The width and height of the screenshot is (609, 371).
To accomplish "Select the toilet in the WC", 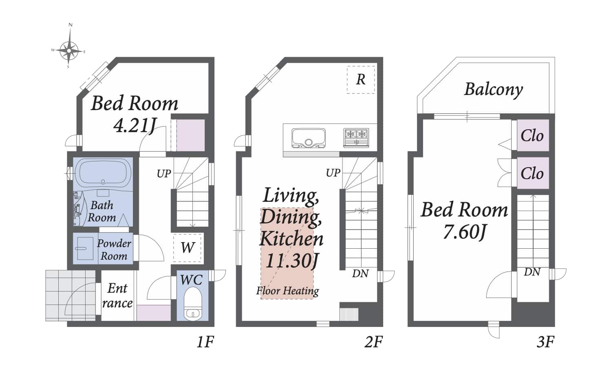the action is (193, 305).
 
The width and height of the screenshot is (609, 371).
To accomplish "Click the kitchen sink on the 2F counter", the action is (309, 138).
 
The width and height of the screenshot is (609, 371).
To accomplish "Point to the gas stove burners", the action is (356, 138).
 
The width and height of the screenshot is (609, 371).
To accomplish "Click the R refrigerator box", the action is (361, 79).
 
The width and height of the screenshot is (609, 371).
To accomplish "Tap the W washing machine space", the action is (188, 247).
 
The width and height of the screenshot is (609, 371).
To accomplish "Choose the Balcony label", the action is (494, 89).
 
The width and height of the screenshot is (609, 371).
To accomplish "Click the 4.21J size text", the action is (135, 126).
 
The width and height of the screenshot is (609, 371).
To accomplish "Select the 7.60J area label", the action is (465, 232).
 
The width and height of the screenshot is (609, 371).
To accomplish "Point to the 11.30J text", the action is (292, 260).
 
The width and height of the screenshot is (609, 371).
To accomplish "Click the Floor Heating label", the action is (288, 291).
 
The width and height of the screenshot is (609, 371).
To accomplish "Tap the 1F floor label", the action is (205, 342).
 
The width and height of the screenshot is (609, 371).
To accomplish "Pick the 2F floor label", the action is (373, 342).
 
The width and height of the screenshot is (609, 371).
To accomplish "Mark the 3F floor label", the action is (545, 342).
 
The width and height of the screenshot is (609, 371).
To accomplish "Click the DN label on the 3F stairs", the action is (532, 272).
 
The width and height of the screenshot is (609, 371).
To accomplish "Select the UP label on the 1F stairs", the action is (164, 174).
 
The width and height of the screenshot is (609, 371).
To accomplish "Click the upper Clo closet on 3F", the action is (533, 135).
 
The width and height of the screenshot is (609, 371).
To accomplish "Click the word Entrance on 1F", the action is (117, 296).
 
